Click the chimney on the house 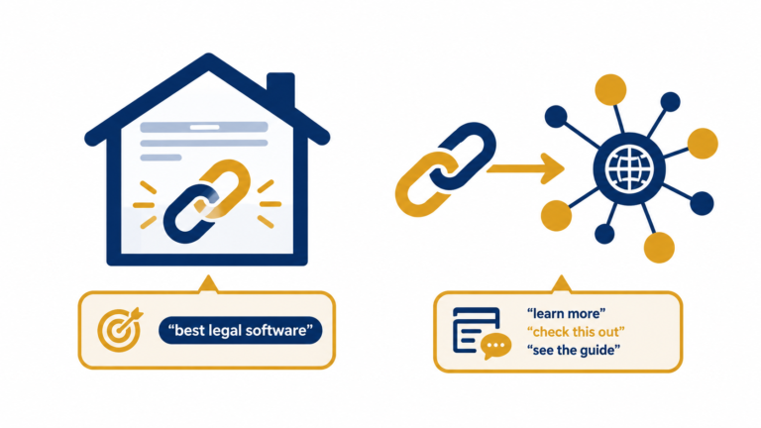pyautogui.click(x=280, y=90)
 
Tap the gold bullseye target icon pyautogui.click(x=119, y=330)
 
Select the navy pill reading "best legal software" pyautogui.click(x=240, y=331)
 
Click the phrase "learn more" pyautogui.click(x=567, y=313)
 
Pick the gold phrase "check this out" pyautogui.click(x=576, y=332)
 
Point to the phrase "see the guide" pyautogui.click(x=574, y=350)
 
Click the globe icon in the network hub pyautogui.click(x=629, y=168)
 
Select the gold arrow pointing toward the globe pyautogui.click(x=525, y=168)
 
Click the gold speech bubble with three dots pyautogui.click(x=495, y=346)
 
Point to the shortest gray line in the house pyautogui.click(x=161, y=158)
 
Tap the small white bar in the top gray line pyautogui.click(x=205, y=127)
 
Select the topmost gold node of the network pyautogui.click(x=610, y=90)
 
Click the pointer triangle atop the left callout pyautogui.click(x=208, y=285)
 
